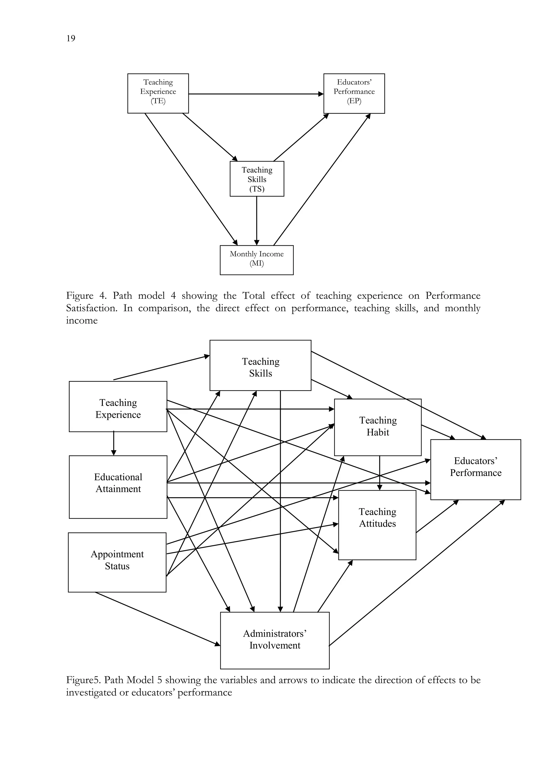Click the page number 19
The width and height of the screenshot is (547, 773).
(71, 38)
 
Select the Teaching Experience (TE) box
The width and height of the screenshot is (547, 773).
(158, 93)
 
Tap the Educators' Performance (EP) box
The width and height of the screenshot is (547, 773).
(354, 93)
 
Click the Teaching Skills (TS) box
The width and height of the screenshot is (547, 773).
(257, 179)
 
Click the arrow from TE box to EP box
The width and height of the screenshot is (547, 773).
(256, 94)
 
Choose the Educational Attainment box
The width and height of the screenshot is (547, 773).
(118, 487)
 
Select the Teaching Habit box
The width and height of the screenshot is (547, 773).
(378, 427)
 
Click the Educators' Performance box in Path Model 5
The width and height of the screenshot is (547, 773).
(476, 469)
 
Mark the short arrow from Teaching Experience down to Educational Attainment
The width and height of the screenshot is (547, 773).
(114, 443)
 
